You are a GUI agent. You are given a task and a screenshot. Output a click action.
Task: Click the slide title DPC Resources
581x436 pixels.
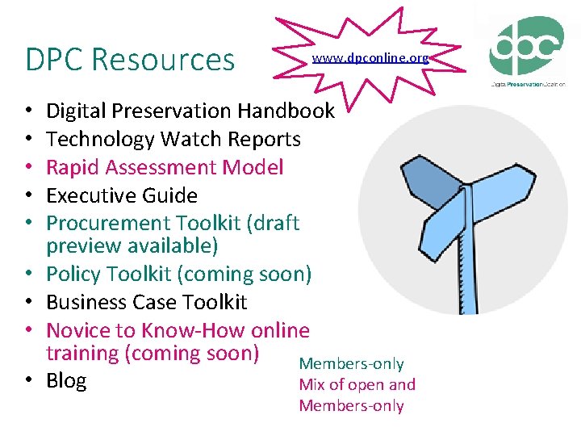click(130, 60)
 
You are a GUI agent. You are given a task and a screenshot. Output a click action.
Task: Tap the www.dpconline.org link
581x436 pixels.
click(370, 58)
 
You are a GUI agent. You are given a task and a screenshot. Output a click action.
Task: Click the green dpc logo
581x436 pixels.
click(526, 46)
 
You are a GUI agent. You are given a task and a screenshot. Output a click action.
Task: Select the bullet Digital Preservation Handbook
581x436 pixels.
click(190, 111)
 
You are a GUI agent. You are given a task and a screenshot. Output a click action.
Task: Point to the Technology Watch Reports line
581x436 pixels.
click(173, 139)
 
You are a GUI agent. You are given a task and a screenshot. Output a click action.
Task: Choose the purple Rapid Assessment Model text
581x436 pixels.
click(165, 167)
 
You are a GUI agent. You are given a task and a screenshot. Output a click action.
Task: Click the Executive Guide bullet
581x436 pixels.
click(122, 195)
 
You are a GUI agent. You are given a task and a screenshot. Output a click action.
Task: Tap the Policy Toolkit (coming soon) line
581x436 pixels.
click(178, 275)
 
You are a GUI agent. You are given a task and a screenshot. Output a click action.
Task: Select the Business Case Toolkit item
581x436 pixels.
click(146, 302)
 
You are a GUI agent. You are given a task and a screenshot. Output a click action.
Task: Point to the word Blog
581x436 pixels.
click(66, 381)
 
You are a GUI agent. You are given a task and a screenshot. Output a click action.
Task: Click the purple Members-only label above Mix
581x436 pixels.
click(351, 364)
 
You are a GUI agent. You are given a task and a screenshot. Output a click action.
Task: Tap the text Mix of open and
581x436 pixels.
click(357, 385)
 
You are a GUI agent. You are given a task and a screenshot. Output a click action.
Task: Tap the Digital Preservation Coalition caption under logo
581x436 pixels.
click(528, 83)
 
